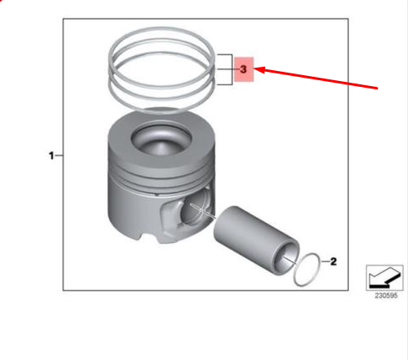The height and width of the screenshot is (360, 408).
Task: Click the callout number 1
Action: [52, 155]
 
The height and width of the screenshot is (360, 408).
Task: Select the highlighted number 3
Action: [243, 70]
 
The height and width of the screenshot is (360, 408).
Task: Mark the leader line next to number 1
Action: [61, 155]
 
